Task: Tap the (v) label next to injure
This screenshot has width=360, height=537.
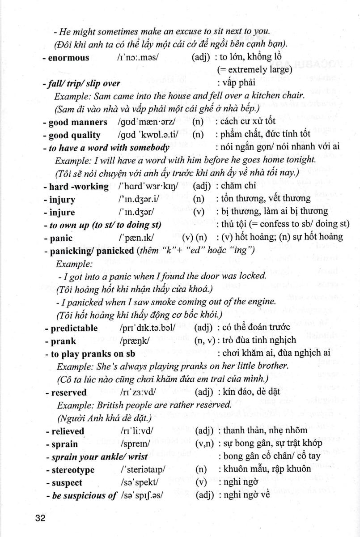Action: coord(199,212)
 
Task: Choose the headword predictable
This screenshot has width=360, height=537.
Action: coord(73,328)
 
